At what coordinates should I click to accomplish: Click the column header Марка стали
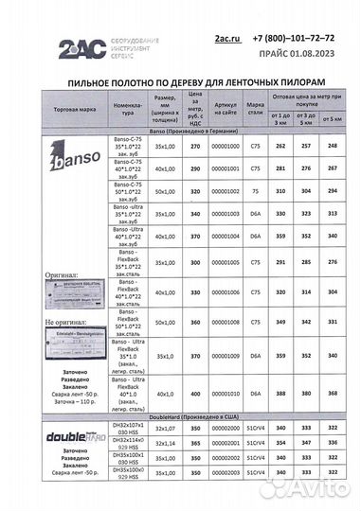pyautogui.click(x=255, y=108)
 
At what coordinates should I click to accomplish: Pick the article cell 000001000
pyautogui.click(x=226, y=147)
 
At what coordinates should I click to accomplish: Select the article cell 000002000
pyautogui.click(x=226, y=428)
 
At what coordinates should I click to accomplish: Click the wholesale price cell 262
pyautogui.click(x=280, y=147)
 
